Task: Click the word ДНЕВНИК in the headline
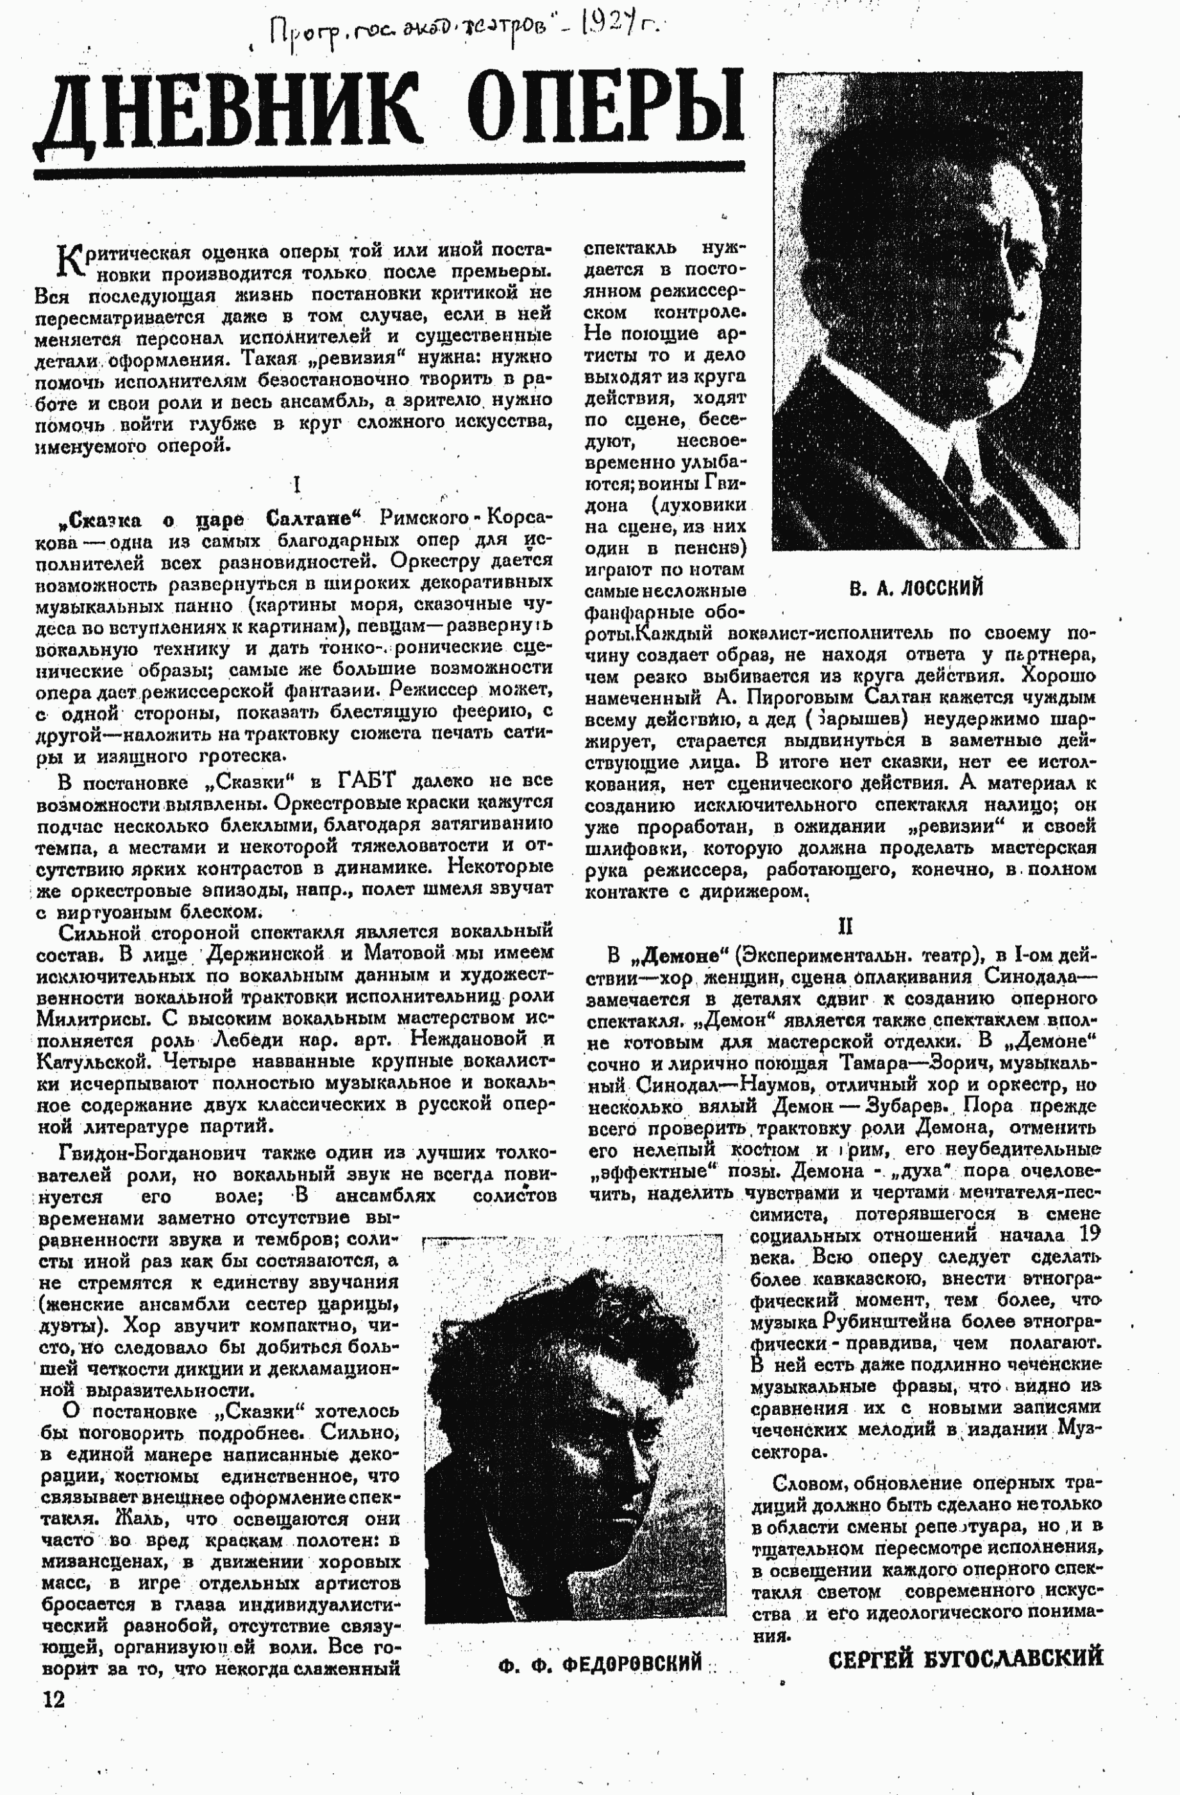(x=226, y=113)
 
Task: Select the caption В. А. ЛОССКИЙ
(x=916, y=589)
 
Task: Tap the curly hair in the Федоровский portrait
(x=559, y=1312)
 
